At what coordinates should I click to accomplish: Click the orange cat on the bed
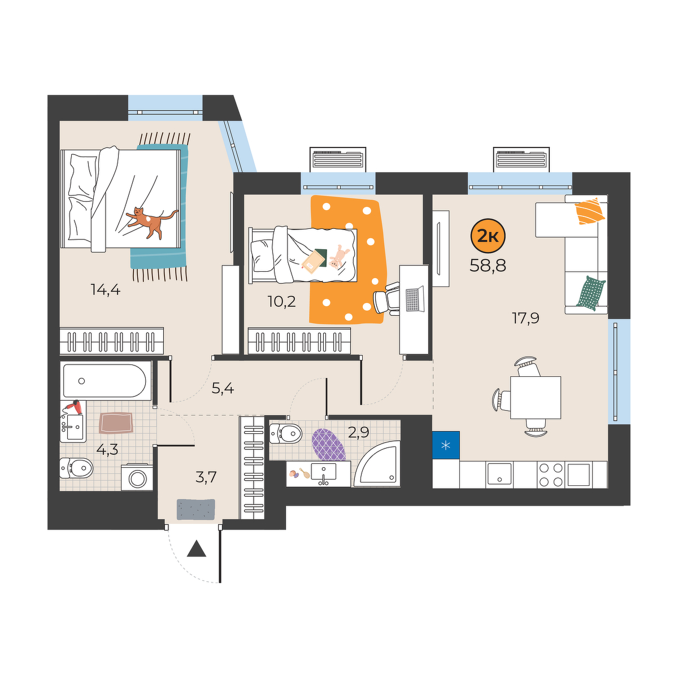[x=152, y=221]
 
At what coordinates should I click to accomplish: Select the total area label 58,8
[x=488, y=266]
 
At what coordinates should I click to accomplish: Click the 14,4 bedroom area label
[x=106, y=290]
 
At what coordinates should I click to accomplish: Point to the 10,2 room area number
[x=281, y=302]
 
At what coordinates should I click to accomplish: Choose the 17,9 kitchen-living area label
[x=525, y=319]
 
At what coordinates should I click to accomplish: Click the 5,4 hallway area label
[x=223, y=389]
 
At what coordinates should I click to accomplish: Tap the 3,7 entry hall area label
[x=206, y=477]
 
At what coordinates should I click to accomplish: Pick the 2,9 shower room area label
[x=359, y=432]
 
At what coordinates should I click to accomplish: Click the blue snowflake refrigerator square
[x=446, y=445]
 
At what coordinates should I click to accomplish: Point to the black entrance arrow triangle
[x=196, y=549]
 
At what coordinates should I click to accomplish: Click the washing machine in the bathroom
[x=137, y=477]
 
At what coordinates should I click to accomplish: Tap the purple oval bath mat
[x=329, y=445]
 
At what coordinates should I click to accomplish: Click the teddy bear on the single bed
[x=338, y=257]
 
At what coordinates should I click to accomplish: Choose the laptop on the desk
[x=415, y=299]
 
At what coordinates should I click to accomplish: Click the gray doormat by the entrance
[x=195, y=509]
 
